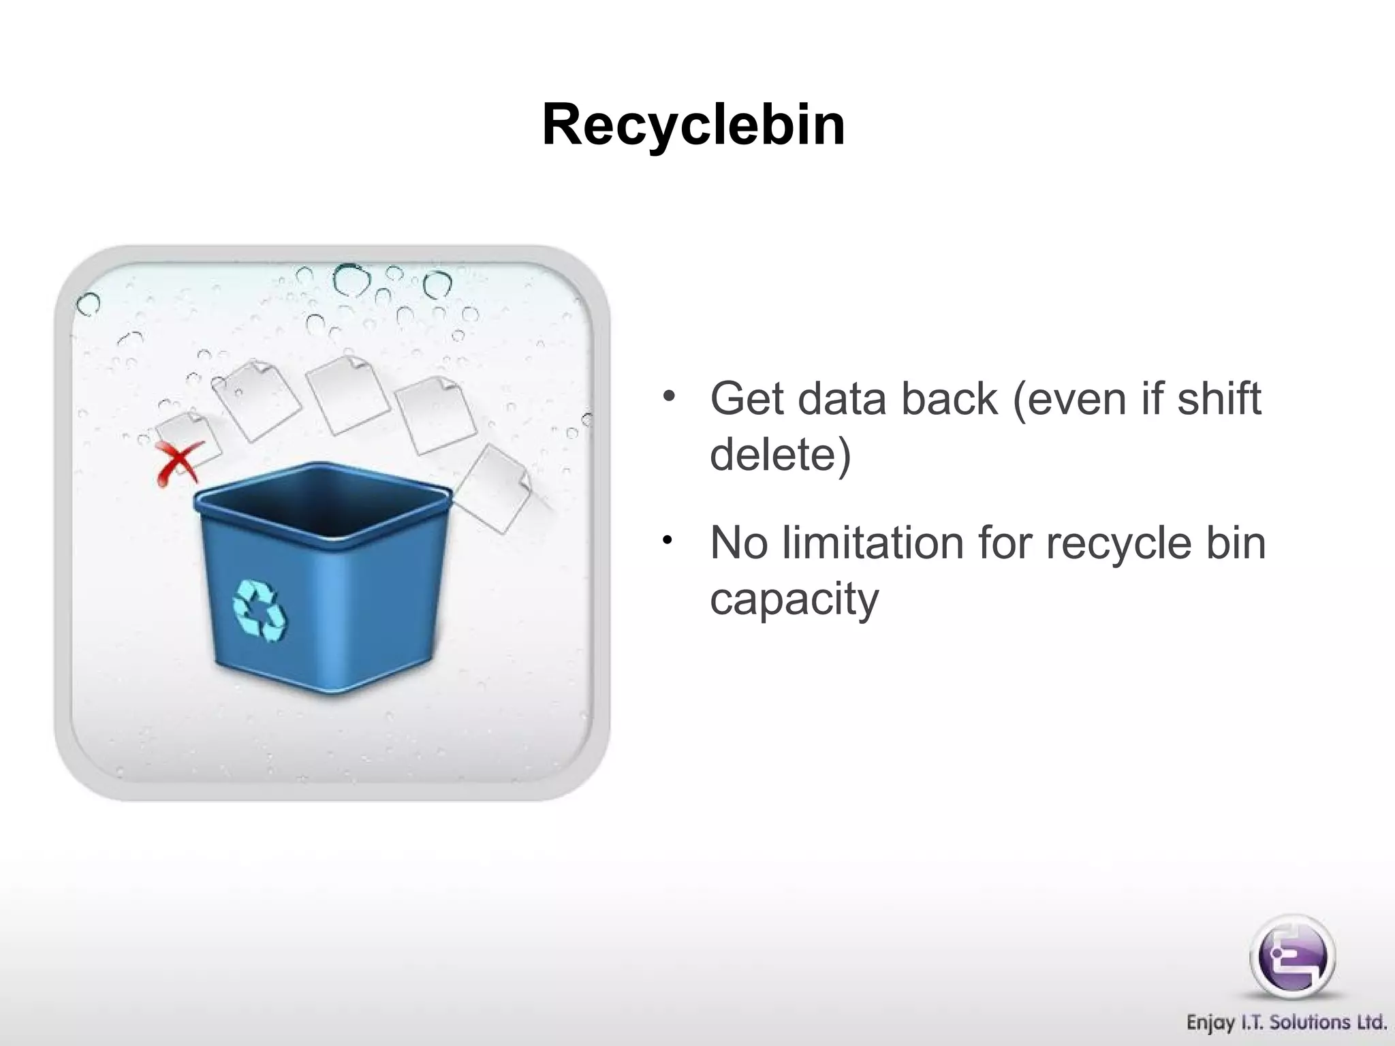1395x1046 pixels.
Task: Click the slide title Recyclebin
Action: (x=693, y=125)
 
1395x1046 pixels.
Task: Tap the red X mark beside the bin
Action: (x=178, y=462)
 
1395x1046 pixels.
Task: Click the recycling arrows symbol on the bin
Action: (x=259, y=610)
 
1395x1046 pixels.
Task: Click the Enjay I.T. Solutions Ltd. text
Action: (x=1286, y=1022)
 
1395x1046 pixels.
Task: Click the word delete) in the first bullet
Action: (x=781, y=454)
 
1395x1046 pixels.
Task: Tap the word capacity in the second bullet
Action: (x=794, y=599)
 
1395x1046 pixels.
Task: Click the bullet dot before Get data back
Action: (x=670, y=396)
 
